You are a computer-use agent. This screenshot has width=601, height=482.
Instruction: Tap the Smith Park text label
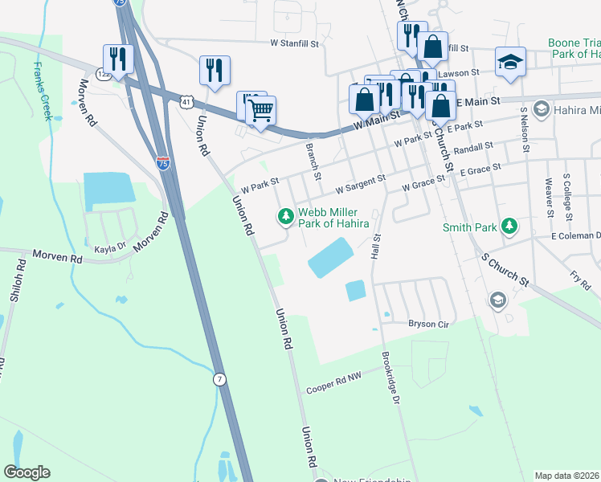coord(470,227)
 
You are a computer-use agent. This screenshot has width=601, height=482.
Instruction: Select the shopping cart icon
coord(260,110)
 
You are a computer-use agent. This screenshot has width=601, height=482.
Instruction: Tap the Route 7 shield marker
coord(219,378)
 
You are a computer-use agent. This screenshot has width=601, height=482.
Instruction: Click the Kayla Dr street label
coord(111,249)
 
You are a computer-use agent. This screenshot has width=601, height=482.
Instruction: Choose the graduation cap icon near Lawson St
coord(510,63)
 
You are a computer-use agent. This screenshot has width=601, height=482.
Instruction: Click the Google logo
coord(27,472)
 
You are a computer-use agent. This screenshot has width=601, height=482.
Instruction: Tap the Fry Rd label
coord(579,281)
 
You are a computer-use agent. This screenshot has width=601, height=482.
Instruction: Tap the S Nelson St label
coord(525,128)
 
